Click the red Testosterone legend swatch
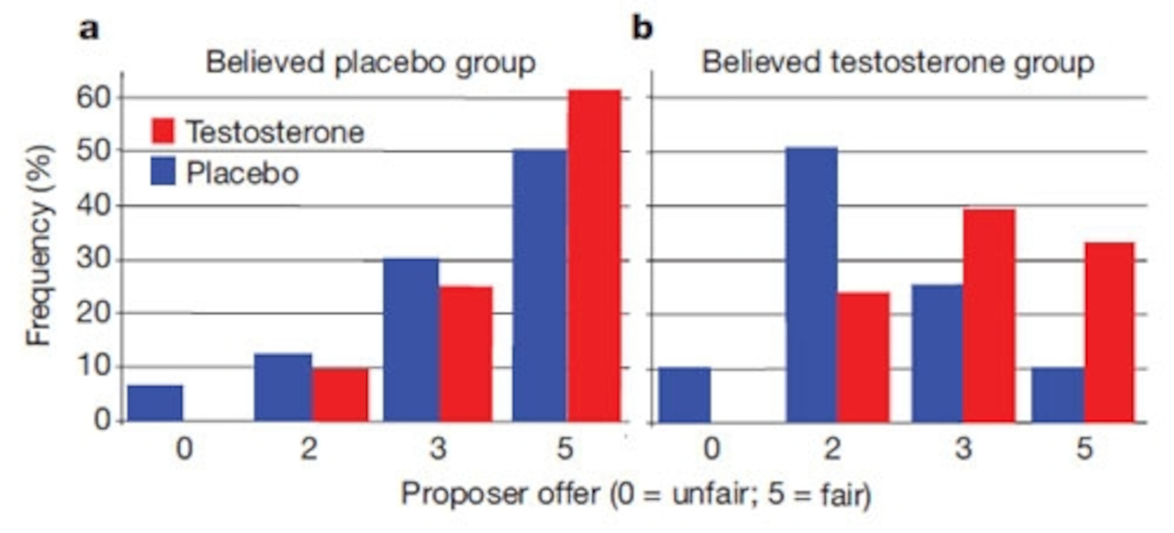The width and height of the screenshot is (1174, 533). point(162,131)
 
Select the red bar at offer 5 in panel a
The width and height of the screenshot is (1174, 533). point(594,255)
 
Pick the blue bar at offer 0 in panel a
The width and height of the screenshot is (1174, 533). point(155,403)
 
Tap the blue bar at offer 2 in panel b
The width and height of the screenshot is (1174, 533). point(812,284)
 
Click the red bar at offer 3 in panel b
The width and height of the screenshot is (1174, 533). point(989,315)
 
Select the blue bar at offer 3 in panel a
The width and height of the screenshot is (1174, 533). point(411,339)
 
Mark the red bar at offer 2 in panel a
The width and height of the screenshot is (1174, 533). point(340,395)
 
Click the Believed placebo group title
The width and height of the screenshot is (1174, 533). point(371,62)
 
